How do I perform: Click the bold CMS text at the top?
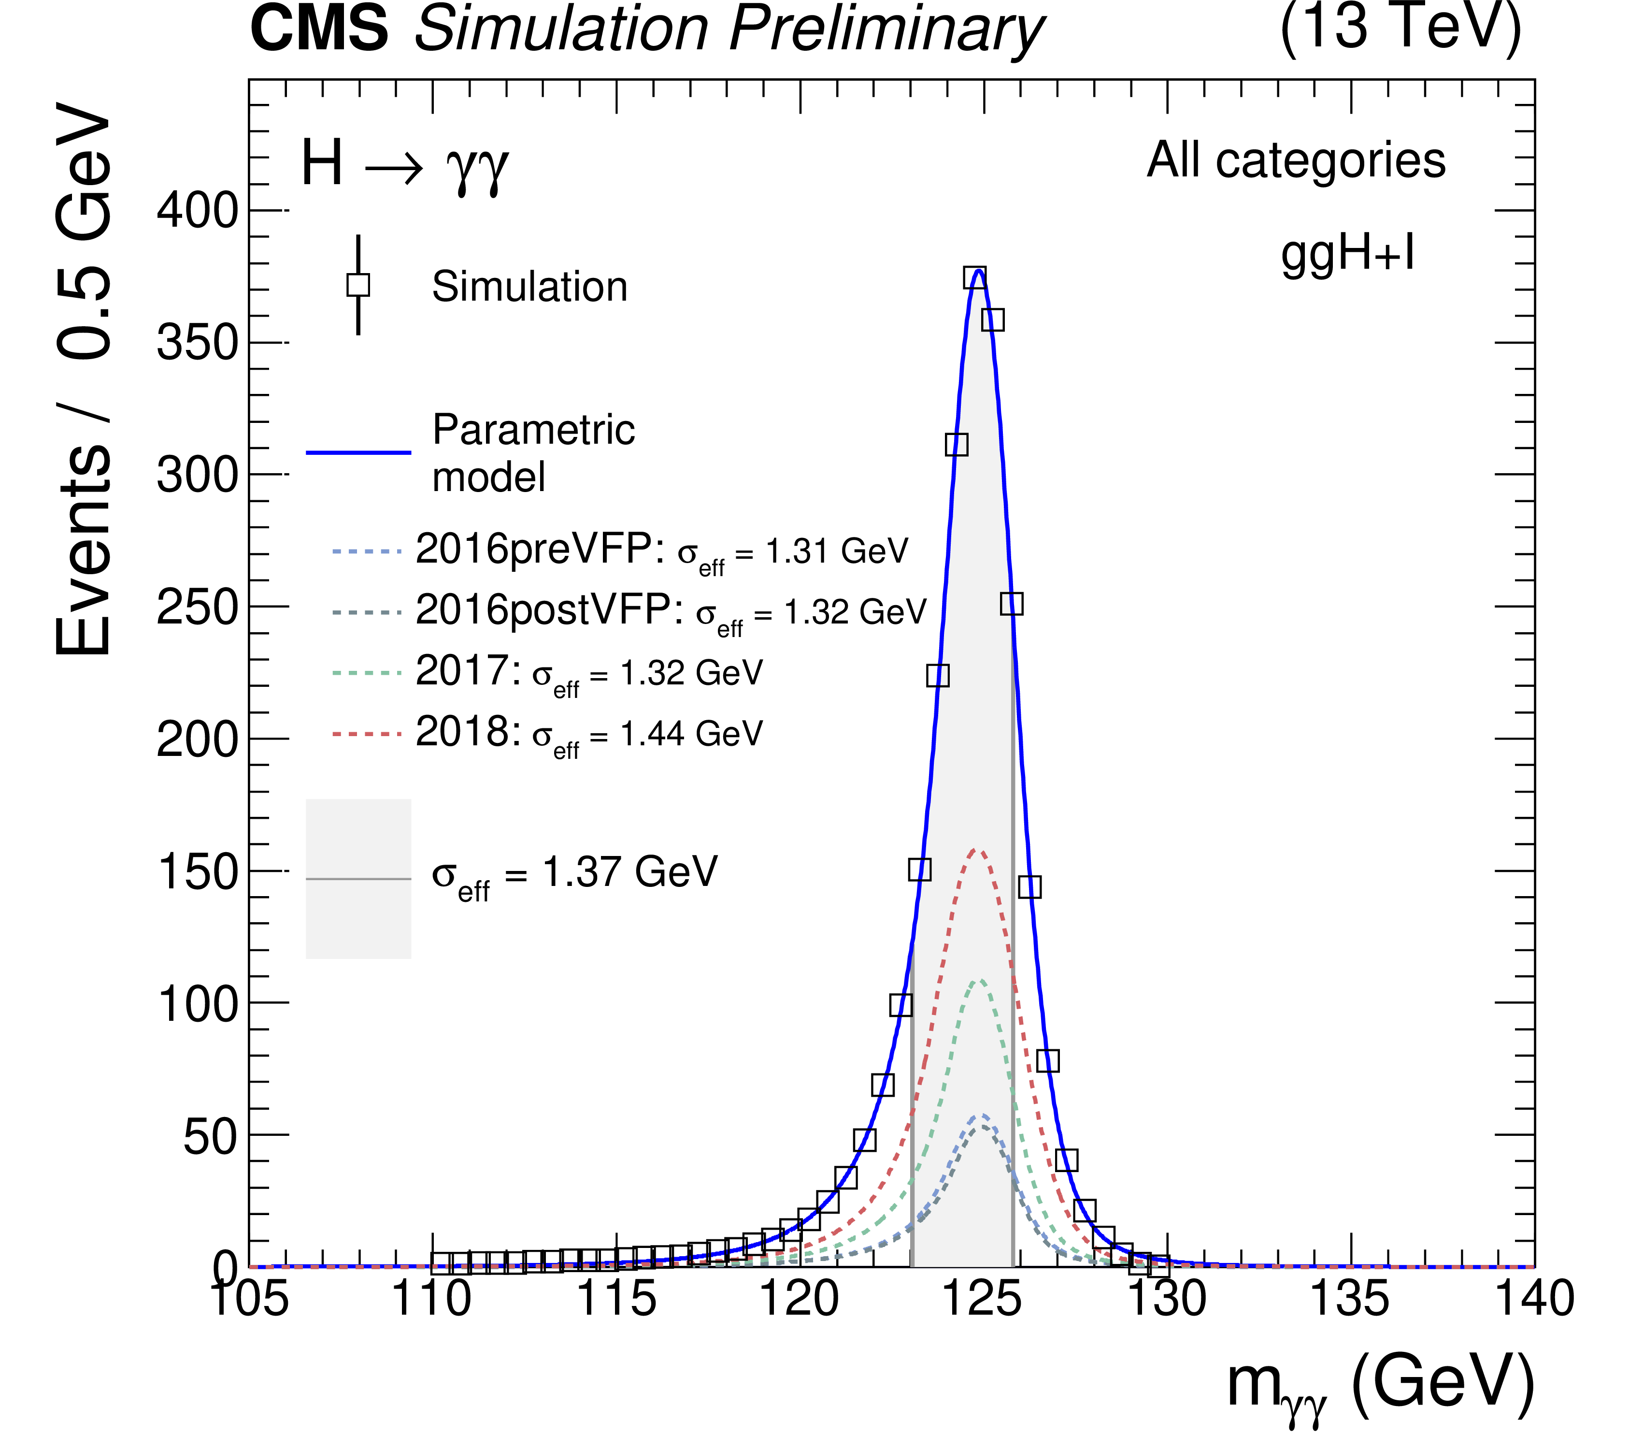coord(319,29)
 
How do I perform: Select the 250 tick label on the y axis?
coord(198,608)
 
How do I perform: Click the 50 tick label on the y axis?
coord(211,1137)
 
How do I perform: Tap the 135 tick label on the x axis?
coord(1350,1299)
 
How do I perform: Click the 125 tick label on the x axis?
coord(983,1299)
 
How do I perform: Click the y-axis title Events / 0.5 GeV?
coord(84,378)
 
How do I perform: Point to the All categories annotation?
coord(1296,160)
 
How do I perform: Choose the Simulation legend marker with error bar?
coord(358,285)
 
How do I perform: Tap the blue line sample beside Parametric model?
coord(358,453)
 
